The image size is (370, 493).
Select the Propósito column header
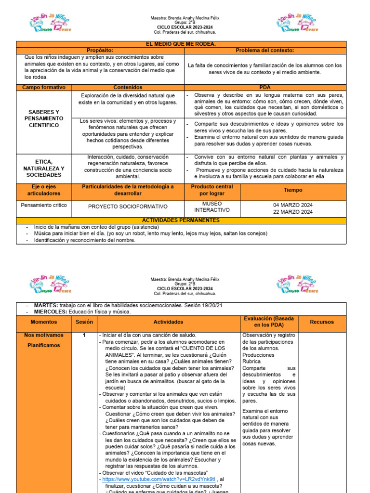pos(100,51)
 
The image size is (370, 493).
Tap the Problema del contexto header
pos(264,51)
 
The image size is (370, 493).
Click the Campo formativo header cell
pos(44,88)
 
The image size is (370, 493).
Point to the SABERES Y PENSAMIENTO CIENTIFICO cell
pos(44,118)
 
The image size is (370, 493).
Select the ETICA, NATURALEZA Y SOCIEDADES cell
pos(44,168)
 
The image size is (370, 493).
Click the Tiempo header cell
pos(293,190)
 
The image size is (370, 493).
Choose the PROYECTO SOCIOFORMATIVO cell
pos(128,207)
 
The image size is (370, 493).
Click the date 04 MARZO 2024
pos(293,205)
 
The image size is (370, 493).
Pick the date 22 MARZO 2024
pos(293,212)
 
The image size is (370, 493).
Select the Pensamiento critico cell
pos(44,205)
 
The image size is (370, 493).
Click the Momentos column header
pos(44,322)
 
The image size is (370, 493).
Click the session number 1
pos(84,335)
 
